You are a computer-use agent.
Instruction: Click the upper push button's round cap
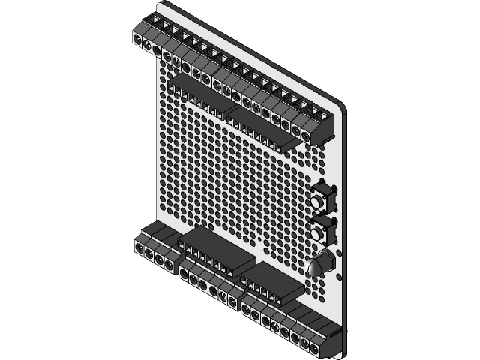pos(322,202)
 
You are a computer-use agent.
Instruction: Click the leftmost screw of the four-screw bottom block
pos(139,247)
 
